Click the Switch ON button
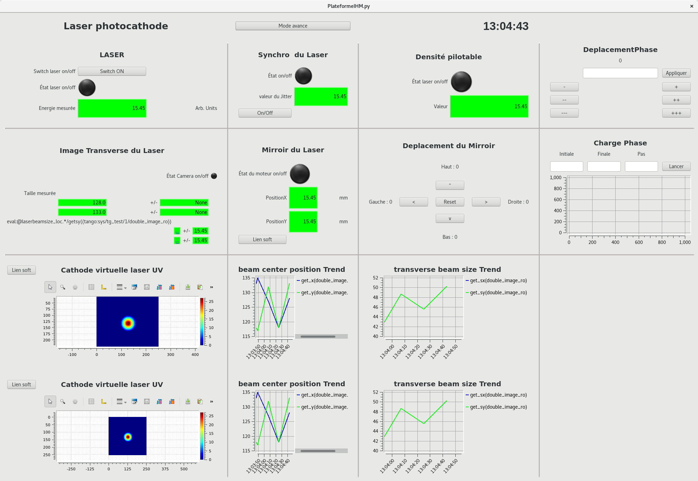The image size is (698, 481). [x=112, y=71]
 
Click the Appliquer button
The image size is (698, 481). [x=676, y=73]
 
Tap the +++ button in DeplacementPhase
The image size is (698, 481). [x=676, y=113]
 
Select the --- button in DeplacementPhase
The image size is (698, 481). [x=564, y=113]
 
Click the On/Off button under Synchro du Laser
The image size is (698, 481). [x=265, y=113]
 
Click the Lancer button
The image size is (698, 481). [x=676, y=166]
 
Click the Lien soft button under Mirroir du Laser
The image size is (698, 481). [x=262, y=239]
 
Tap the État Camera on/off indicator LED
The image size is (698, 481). [x=214, y=176]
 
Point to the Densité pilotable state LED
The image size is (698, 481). [x=461, y=82]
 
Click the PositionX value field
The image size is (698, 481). [x=303, y=198]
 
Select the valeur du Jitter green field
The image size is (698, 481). [x=321, y=96]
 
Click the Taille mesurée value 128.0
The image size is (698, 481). [x=82, y=203]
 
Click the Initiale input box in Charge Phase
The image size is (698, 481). [x=566, y=166]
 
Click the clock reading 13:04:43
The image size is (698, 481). [x=505, y=26]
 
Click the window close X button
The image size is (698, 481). [x=691, y=6]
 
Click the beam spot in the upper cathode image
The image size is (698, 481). [x=128, y=323]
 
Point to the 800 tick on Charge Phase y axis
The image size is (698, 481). [x=558, y=188]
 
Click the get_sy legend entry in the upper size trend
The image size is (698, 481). [x=498, y=293]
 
